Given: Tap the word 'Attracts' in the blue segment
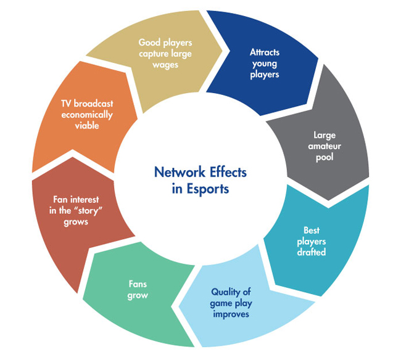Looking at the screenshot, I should click(265, 52).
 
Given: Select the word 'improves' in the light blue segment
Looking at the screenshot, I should click(231, 314).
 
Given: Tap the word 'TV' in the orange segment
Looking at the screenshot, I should click(67, 104).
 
